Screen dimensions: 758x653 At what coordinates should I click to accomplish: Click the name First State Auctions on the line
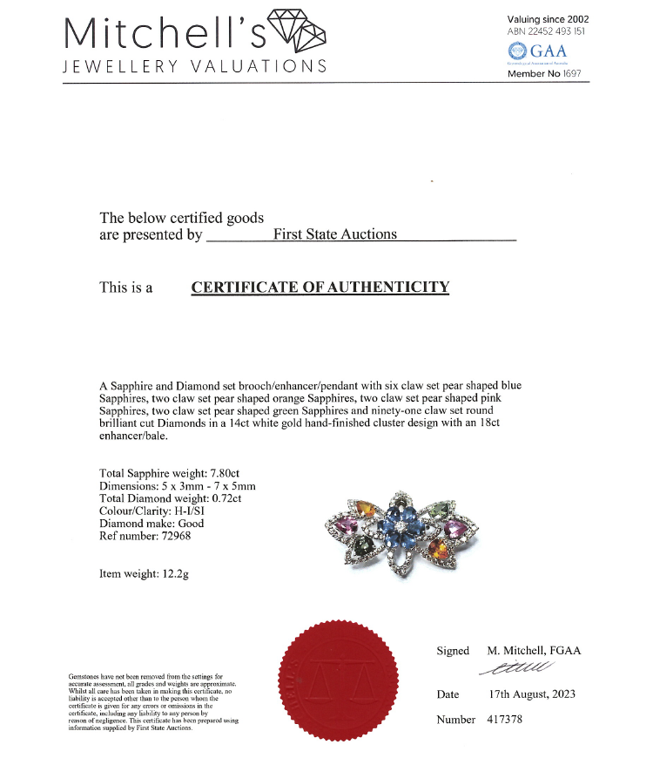coord(335,233)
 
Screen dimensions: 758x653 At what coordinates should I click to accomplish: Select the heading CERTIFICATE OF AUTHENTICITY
coord(320,287)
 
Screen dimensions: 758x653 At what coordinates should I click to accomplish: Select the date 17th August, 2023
coord(532,694)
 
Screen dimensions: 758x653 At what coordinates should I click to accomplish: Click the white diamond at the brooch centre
coord(400,528)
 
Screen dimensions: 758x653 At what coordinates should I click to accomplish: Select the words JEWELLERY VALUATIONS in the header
coord(195,67)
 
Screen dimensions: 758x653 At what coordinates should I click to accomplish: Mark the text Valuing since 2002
coord(548,19)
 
